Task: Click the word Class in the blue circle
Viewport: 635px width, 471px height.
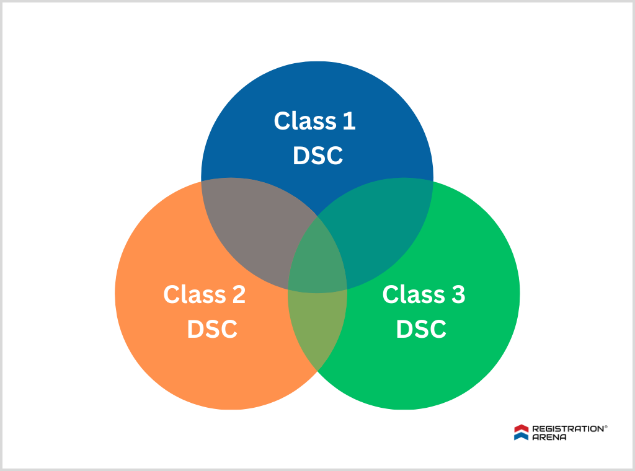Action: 302,121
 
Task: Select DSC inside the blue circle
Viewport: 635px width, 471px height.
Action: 317,156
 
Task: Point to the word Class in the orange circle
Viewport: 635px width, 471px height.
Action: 192,294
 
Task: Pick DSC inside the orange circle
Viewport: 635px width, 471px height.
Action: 212,329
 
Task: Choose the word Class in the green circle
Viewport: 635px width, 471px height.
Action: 411,294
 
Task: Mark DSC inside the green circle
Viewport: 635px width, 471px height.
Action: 421,329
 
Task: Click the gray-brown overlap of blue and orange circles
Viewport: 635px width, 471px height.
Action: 254,229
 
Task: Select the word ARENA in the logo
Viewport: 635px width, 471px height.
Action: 549,437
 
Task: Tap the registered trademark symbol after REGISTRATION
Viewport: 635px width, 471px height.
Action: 606,426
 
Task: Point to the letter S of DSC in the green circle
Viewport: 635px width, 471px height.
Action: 421,329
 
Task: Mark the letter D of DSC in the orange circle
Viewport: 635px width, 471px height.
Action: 195,329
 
